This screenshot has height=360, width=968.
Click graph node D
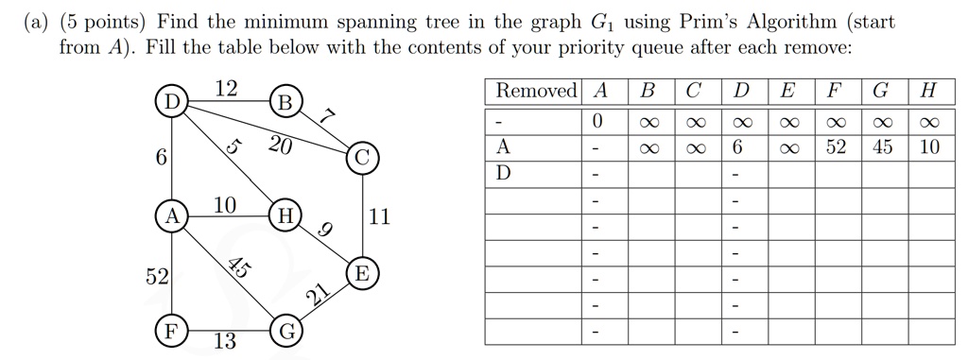point(171,101)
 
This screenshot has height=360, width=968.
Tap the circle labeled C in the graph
point(363,158)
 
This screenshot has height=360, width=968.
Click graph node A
point(171,216)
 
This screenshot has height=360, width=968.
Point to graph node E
point(363,275)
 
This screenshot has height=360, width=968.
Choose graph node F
point(171,332)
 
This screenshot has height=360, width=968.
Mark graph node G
point(286,332)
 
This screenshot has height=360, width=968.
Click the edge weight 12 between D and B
point(226,89)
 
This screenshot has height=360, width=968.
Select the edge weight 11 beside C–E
point(379,217)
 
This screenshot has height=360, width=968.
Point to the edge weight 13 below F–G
point(225,342)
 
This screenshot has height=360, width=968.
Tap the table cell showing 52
point(836,147)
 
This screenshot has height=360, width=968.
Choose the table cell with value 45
point(882,147)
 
